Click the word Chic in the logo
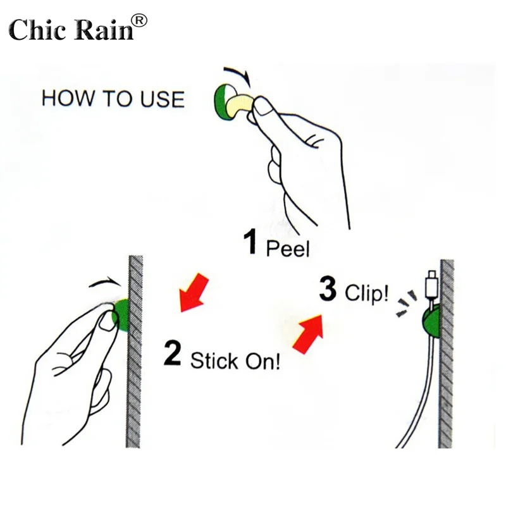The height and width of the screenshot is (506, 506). coord(37,29)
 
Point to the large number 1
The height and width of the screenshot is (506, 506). coord(250,241)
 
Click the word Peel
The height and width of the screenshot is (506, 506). coord(288,248)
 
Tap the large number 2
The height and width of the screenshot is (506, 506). coord(172,354)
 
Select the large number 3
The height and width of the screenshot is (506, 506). coord(328,288)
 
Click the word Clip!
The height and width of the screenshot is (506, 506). coord(367,293)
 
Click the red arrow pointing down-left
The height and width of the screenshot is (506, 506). coord(194,293)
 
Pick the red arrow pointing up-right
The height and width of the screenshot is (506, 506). coord(308,334)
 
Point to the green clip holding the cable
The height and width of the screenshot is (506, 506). coord(431,321)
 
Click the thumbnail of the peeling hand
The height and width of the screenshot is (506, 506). coord(264,106)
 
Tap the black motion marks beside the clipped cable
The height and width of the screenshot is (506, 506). coord(406,304)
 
